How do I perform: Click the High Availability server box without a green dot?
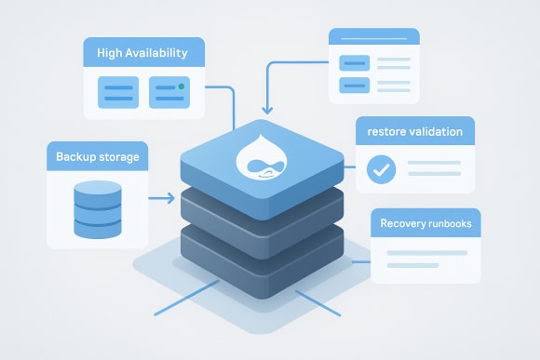[x=117, y=92]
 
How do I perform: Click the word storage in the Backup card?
[x=119, y=157]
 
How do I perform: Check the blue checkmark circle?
[x=381, y=169]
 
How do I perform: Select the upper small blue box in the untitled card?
[x=353, y=63]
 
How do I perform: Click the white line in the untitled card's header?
[x=373, y=38]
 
